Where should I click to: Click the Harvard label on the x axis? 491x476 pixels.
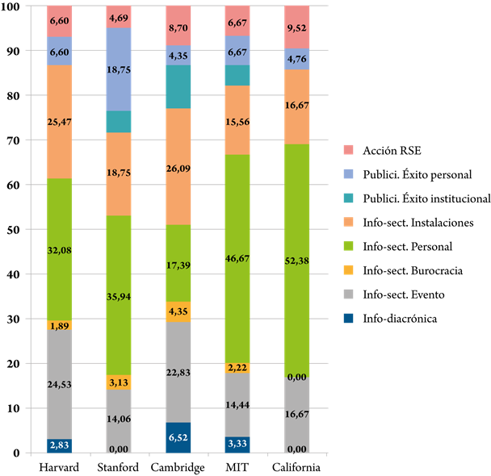[x=59, y=467]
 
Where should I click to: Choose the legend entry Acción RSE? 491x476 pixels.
[x=370, y=149]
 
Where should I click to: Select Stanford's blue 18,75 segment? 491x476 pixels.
[x=119, y=69]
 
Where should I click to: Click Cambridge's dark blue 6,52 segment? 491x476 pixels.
[x=178, y=438]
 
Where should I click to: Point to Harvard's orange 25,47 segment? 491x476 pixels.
[x=60, y=122]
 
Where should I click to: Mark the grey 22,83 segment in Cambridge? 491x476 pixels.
[x=178, y=372]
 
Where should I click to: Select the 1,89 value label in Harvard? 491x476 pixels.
[x=60, y=325]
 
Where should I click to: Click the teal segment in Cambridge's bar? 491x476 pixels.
[x=178, y=86]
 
